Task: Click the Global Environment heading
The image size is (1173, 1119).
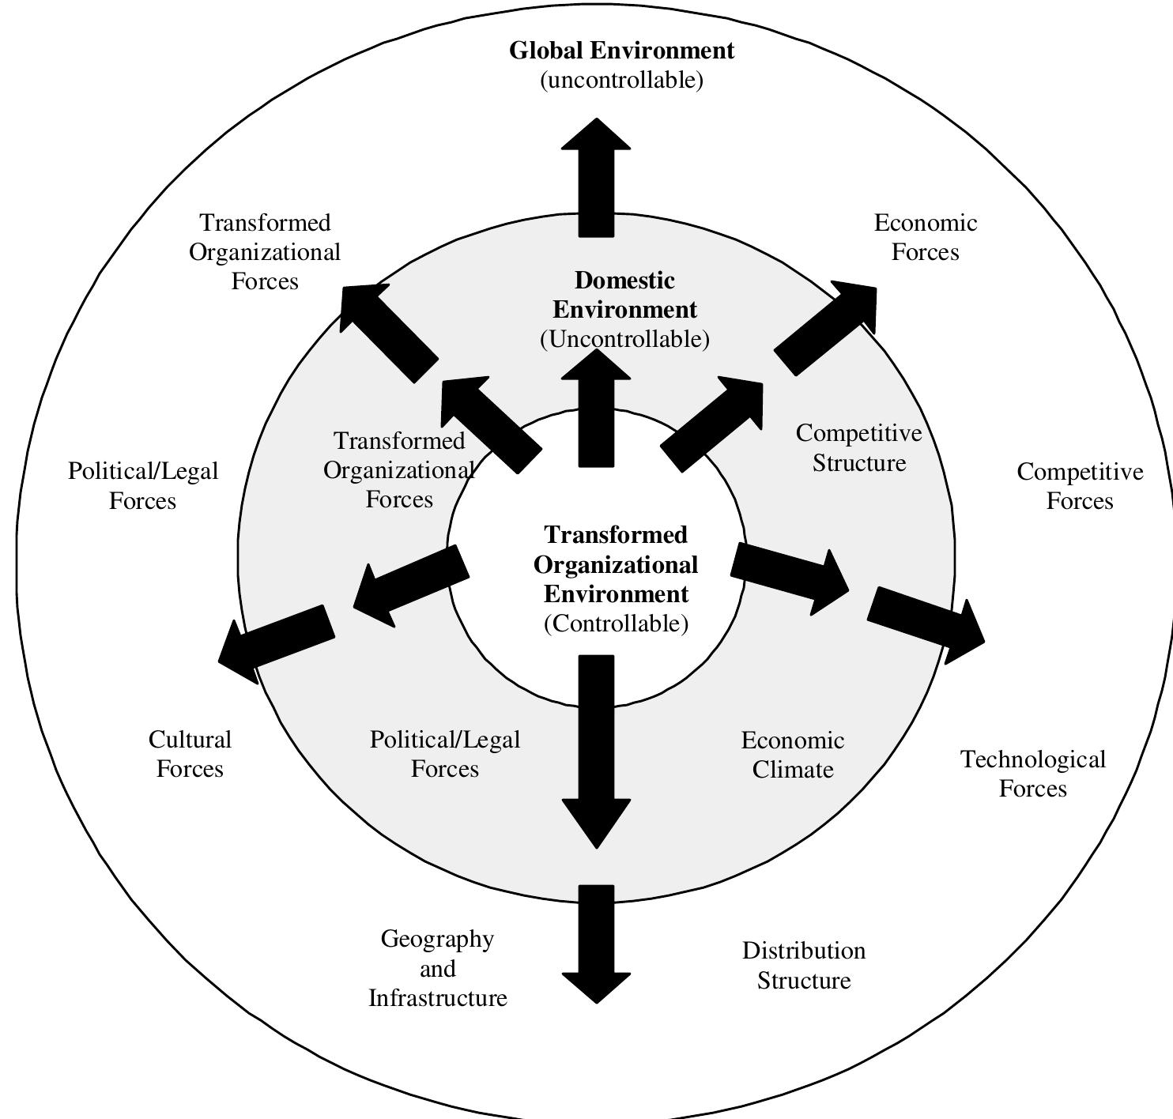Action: coord(621,51)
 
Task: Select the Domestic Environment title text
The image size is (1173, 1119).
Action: coord(624,295)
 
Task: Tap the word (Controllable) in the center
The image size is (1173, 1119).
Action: coord(616,624)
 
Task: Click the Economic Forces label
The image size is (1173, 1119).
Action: coord(925,237)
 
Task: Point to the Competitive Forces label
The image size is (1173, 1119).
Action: coord(1080,486)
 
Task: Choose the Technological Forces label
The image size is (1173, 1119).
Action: coord(1032,774)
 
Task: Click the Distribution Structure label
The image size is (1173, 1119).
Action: coord(803,965)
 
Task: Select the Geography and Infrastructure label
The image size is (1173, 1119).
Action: coord(437,968)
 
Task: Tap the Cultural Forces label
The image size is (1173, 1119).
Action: coord(190,754)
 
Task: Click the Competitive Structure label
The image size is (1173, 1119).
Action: coord(858,447)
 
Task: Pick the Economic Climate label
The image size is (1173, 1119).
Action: coord(792,755)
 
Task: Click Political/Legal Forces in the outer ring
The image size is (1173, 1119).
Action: coord(143,485)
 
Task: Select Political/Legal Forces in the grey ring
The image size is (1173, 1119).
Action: coord(445,754)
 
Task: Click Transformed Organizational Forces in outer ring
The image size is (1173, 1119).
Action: coord(265,251)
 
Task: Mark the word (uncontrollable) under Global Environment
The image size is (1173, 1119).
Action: coord(621,80)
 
